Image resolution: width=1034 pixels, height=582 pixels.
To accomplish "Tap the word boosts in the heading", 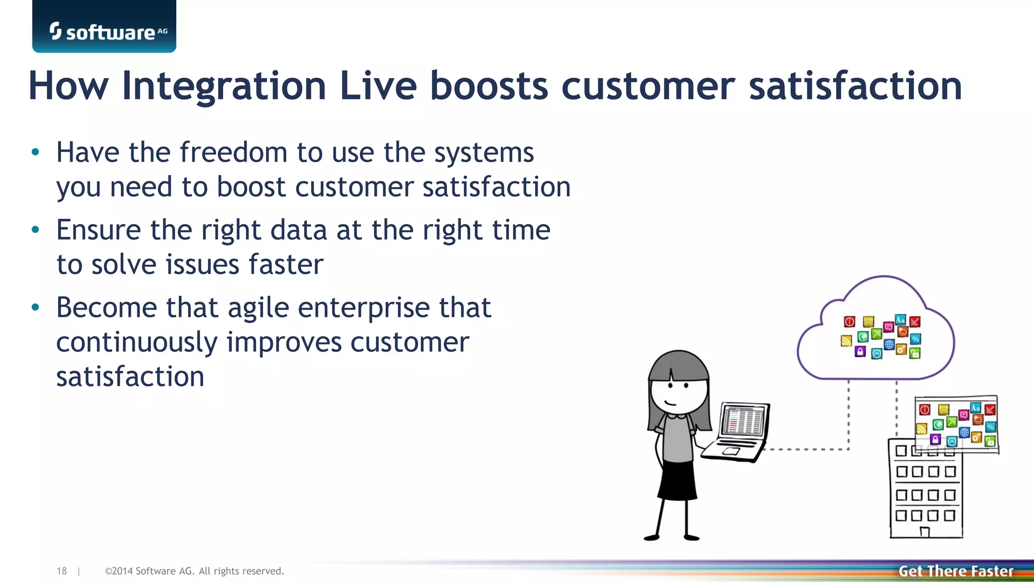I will click(x=489, y=86).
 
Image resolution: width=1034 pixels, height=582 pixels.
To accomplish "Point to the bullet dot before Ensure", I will click(x=35, y=230).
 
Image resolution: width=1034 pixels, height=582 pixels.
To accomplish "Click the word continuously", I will click(x=136, y=342).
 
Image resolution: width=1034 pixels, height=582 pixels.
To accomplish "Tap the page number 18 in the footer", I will click(x=62, y=571).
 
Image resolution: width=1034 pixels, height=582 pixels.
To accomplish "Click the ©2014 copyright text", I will click(x=194, y=571).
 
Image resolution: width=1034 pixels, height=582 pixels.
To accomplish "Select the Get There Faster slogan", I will click(x=956, y=571).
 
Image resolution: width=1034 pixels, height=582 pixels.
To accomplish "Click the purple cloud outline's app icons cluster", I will click(x=881, y=336).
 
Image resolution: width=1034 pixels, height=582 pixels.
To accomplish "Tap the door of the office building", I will click(x=925, y=531).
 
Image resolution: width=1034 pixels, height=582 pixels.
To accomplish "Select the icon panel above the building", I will click(x=956, y=424).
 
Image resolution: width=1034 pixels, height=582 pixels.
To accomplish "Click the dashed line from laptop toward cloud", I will click(x=808, y=449).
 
